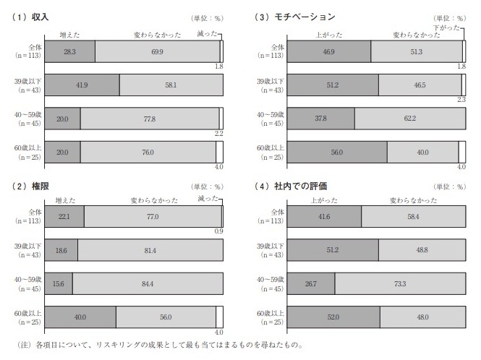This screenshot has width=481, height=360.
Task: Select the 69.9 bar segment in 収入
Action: pyautogui.click(x=157, y=51)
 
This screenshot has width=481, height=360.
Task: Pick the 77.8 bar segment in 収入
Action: pyautogui.click(x=150, y=118)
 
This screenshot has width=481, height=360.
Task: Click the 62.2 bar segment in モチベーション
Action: pyautogui.click(x=407, y=118)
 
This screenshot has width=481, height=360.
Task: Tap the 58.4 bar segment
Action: pyautogui.click(x=412, y=215)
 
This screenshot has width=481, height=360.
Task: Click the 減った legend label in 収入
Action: pyautogui.click(x=207, y=34)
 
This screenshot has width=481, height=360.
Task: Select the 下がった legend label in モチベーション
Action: pyautogui.click(x=448, y=27)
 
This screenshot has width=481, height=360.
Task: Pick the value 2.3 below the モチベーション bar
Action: pyautogui.click(x=461, y=100)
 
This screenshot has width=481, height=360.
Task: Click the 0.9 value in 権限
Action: pyautogui.click(x=218, y=231)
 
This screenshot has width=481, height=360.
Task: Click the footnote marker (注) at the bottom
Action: pyautogui.click(x=24, y=345)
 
